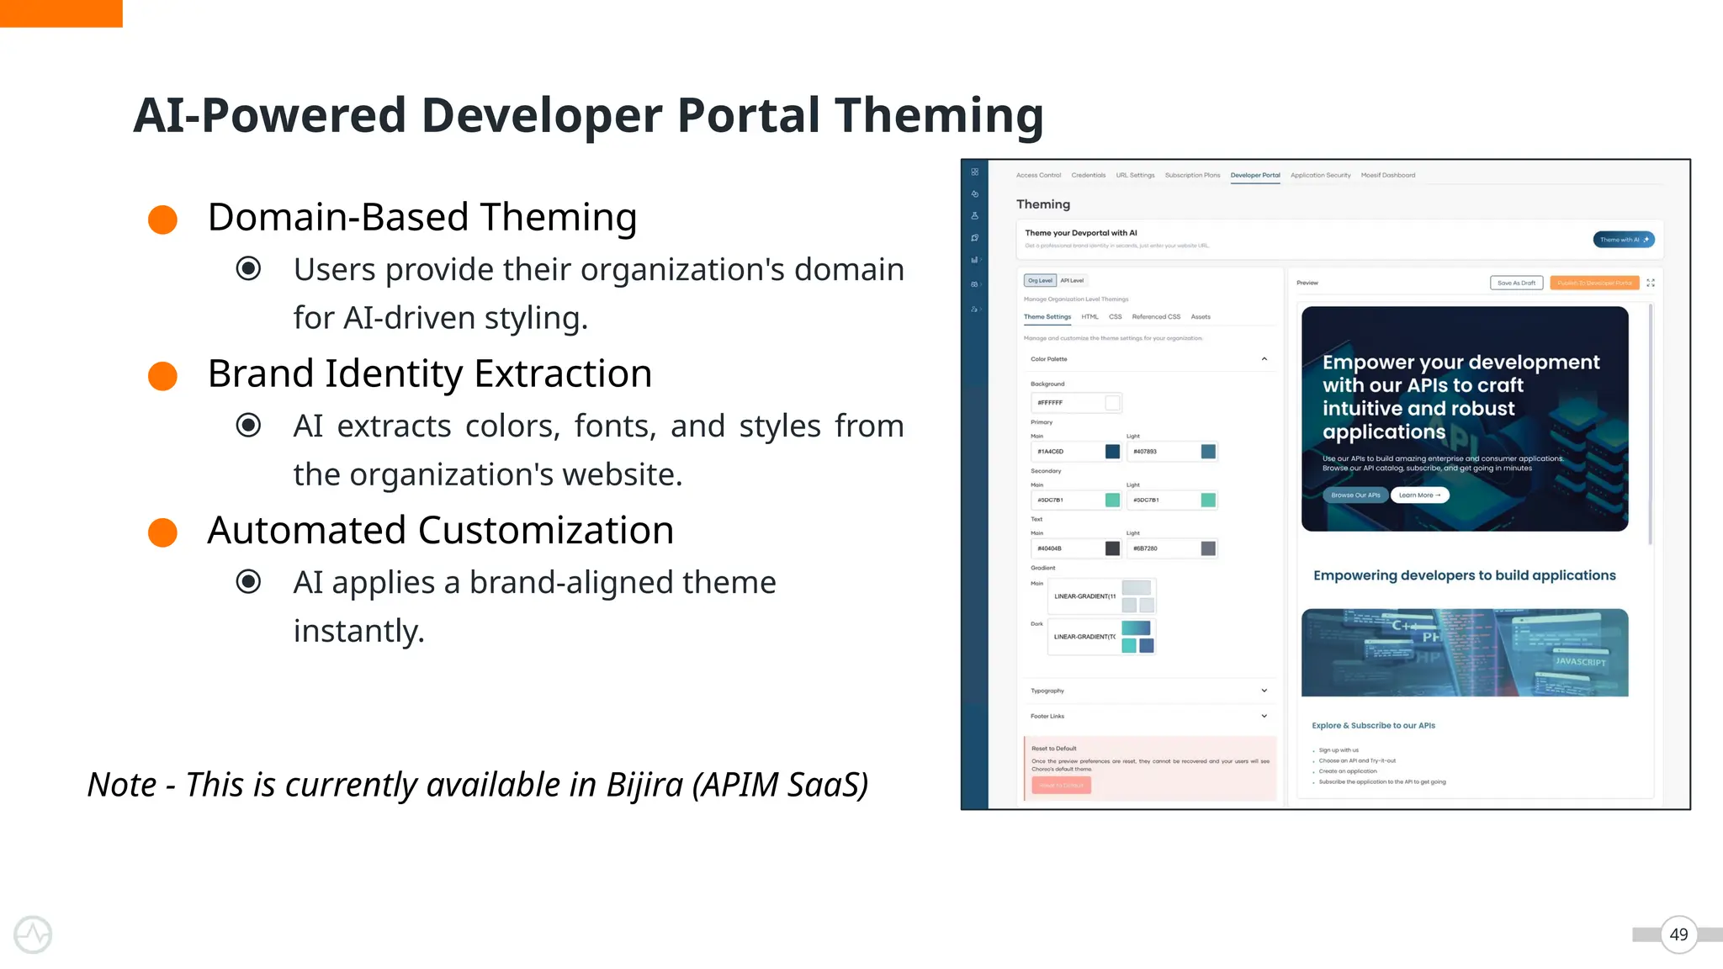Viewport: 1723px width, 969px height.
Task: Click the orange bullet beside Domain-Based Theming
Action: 162,220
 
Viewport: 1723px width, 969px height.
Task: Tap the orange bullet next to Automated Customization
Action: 162,532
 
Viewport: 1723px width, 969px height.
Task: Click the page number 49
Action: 1678,935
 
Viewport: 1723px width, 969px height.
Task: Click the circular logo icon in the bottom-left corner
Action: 33,935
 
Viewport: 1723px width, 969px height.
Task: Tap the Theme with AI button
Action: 1623,240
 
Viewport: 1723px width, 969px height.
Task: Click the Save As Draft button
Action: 1516,283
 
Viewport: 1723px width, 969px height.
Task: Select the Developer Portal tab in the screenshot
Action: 1254,176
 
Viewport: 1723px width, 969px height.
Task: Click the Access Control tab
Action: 1038,176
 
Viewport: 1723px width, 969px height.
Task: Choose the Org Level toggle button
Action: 1040,281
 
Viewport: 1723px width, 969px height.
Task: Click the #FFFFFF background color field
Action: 1067,403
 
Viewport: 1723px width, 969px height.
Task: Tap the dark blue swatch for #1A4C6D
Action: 1112,452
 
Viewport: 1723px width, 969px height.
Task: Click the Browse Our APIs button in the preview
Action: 1355,495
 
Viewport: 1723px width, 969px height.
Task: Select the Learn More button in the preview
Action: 1419,495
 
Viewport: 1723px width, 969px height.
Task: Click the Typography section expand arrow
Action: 1264,691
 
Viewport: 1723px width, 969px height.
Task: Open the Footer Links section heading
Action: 1047,717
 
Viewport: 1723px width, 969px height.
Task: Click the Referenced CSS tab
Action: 1156,317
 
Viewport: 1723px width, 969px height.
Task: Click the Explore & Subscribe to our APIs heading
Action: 1373,726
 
